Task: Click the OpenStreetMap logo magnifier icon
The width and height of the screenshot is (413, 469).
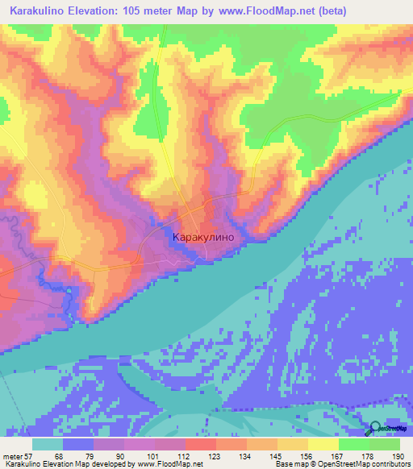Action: (x=373, y=429)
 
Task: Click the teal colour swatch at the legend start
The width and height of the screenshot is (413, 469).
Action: (x=48, y=444)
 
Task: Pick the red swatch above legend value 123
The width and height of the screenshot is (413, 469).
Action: (x=200, y=444)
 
